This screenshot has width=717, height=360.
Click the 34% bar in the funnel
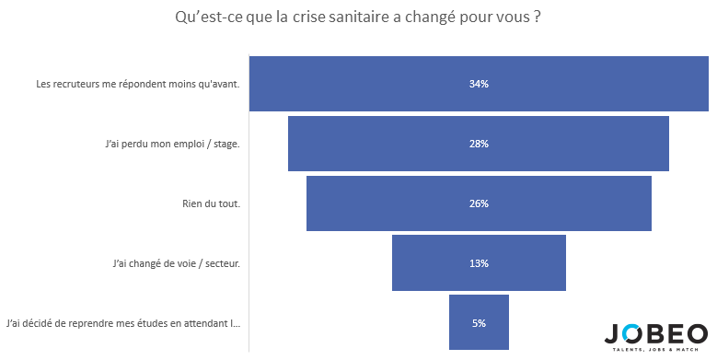(x=479, y=84)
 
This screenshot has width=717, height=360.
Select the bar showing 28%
(x=479, y=144)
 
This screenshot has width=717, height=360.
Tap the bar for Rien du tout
(x=479, y=203)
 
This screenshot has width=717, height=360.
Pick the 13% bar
(x=479, y=263)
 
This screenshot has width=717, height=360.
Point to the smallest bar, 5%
(x=479, y=322)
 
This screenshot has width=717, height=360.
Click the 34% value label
(x=479, y=84)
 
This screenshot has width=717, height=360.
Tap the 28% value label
(x=479, y=144)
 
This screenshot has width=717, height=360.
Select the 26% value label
(x=479, y=203)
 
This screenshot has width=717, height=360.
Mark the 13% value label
(x=479, y=263)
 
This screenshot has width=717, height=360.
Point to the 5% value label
(x=479, y=323)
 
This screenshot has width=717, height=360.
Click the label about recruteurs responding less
(x=138, y=84)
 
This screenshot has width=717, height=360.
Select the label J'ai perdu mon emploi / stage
(x=172, y=144)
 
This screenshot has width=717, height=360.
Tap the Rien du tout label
(x=212, y=203)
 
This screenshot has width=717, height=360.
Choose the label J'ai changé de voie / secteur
(x=177, y=264)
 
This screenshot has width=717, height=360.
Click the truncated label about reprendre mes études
(x=123, y=323)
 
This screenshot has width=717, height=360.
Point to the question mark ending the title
(x=537, y=17)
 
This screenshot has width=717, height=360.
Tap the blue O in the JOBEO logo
(x=632, y=334)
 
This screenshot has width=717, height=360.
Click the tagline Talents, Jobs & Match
(x=655, y=350)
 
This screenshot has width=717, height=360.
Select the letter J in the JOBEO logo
(x=613, y=334)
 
